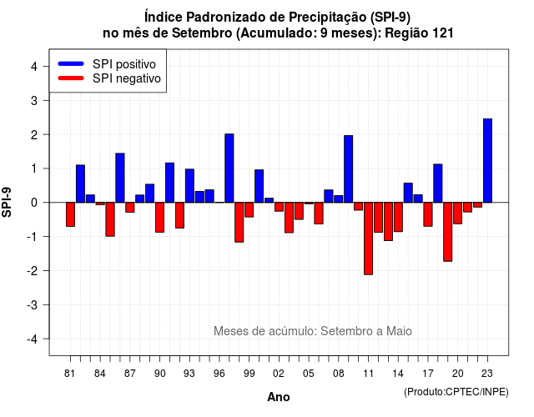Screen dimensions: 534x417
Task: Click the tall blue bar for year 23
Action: tap(487, 161)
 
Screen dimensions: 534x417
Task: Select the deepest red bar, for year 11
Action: tap(368, 239)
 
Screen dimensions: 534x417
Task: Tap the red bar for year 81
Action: tap(70, 214)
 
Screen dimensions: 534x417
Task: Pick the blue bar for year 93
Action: tap(189, 185)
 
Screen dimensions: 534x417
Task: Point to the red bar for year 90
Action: tap(159, 217)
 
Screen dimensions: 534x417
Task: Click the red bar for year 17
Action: tap(428, 214)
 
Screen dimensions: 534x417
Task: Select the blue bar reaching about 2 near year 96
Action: tap(229, 168)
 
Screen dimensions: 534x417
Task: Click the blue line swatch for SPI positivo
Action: tap(71, 63)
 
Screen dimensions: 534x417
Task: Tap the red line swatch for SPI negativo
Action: tap(71, 78)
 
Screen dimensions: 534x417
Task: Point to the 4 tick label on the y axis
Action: tap(34, 67)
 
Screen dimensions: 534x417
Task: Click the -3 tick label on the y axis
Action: tap(33, 305)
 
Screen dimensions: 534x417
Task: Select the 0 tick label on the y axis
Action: tap(34, 203)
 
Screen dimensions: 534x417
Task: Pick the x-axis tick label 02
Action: tap(278, 374)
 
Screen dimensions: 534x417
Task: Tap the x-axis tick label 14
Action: tap(397, 374)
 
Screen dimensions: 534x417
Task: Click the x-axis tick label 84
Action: tap(99, 374)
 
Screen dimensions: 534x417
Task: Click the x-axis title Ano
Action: tap(279, 397)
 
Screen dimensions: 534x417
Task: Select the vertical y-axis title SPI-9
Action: tap(7, 202)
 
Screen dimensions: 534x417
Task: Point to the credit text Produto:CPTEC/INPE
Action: tap(456, 392)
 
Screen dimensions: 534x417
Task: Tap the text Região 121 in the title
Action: tap(419, 33)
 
